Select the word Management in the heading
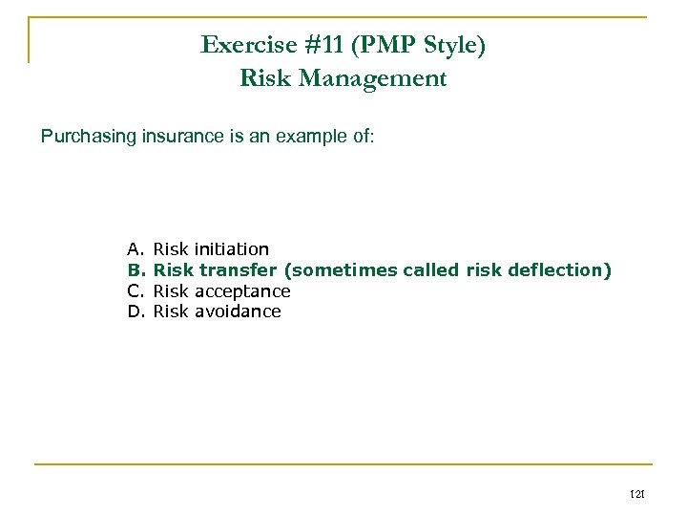(x=384, y=78)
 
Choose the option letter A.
(x=135, y=249)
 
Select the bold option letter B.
(x=135, y=270)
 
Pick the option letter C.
(x=135, y=290)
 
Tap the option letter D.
(x=135, y=312)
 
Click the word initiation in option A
(x=231, y=249)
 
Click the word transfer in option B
(x=232, y=270)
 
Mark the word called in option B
(x=432, y=270)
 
